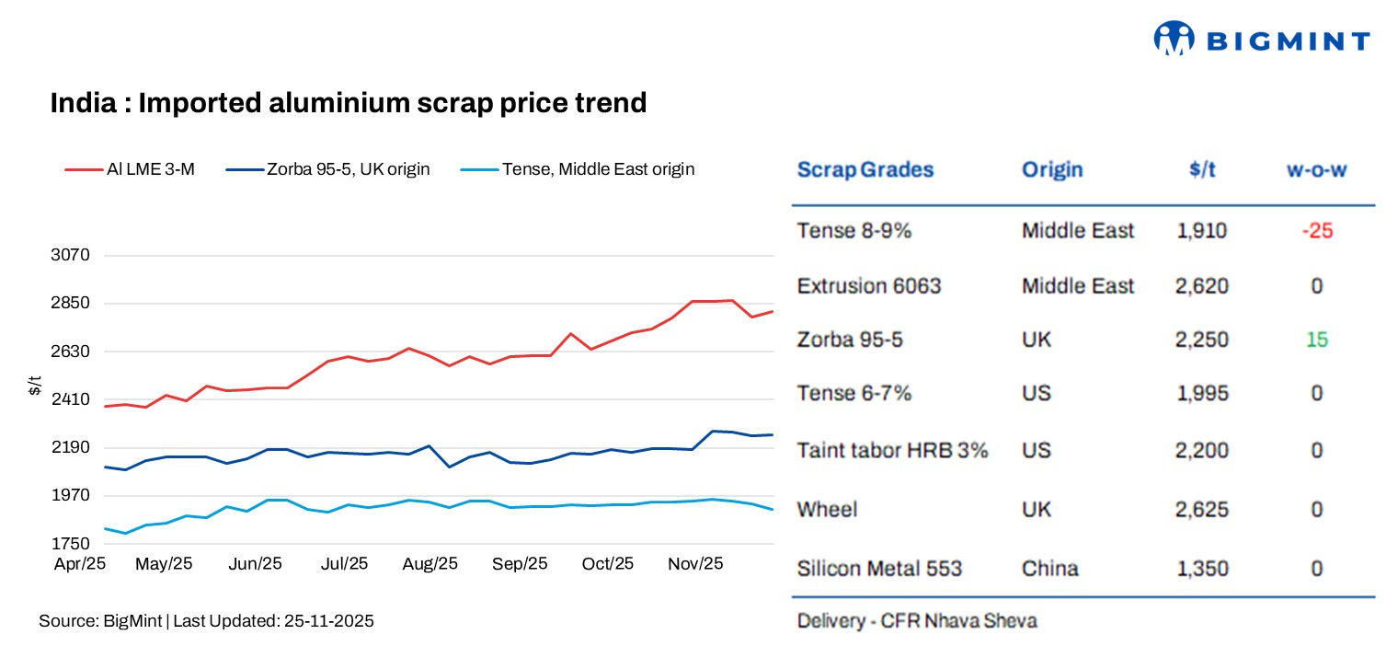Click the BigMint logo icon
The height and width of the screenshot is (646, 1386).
point(1174,39)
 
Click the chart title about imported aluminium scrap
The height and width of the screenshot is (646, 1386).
point(349,103)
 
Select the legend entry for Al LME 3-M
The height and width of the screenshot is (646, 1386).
point(130,169)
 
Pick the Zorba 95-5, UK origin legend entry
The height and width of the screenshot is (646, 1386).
point(328,169)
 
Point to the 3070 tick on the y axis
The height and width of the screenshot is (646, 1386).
point(70,255)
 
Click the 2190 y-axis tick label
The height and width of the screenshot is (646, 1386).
point(70,447)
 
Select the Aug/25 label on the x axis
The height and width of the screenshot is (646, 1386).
point(430,563)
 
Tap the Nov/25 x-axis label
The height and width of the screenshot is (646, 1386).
point(695,563)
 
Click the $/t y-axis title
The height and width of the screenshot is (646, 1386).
point(34,386)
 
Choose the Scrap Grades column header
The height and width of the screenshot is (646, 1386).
point(865,169)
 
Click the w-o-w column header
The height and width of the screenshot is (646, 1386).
point(1316,170)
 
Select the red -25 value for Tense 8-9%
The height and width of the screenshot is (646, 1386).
point(1317,231)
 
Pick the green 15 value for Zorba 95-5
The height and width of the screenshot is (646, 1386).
point(1317,340)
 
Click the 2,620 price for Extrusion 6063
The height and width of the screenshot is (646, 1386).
point(1202,286)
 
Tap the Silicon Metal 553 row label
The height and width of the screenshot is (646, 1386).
point(879,568)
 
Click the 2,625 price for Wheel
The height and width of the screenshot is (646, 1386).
point(1202,509)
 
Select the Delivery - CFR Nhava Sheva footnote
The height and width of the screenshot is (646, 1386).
point(916,621)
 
